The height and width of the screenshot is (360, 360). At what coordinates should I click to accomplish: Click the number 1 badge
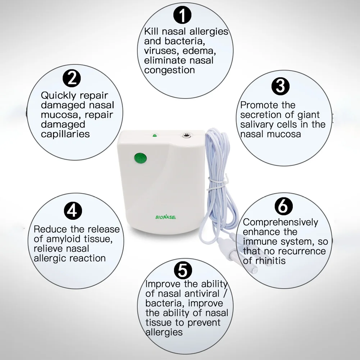(182, 15)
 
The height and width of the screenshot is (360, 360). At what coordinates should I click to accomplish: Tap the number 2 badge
(72, 78)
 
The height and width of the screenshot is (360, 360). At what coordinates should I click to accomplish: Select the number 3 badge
(280, 86)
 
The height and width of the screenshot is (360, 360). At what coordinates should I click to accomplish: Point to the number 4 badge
(73, 211)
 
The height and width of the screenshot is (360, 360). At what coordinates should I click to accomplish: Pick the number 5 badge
(183, 270)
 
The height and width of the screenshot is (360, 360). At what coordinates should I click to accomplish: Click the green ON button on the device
(140, 159)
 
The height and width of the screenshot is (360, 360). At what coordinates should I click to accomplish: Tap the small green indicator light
(155, 136)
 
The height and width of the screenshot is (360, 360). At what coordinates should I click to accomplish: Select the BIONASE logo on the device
(166, 217)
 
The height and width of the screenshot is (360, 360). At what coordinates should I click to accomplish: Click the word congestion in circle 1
(169, 70)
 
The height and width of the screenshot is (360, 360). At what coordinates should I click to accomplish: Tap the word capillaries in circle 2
(65, 134)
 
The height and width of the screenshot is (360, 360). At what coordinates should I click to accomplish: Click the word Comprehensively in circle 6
(280, 223)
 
